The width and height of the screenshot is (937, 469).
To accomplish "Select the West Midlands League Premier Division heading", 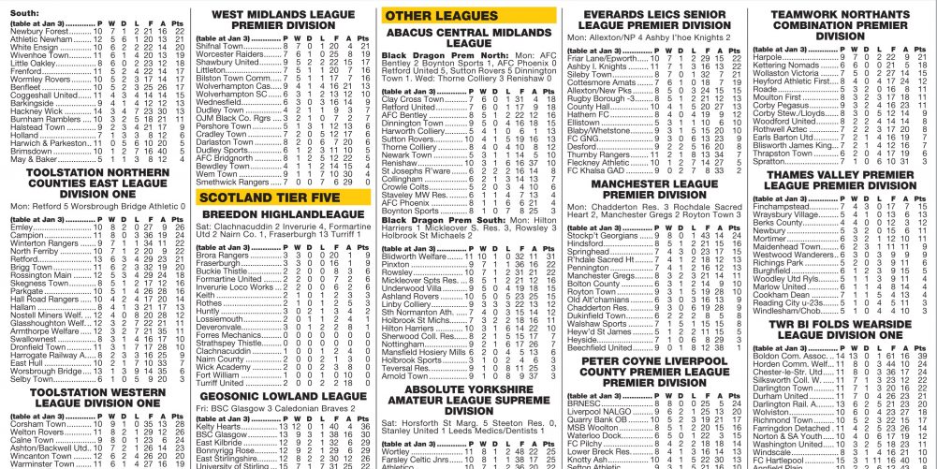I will (x=283, y=21).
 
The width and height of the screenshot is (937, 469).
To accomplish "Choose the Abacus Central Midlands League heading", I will (x=468, y=37).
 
